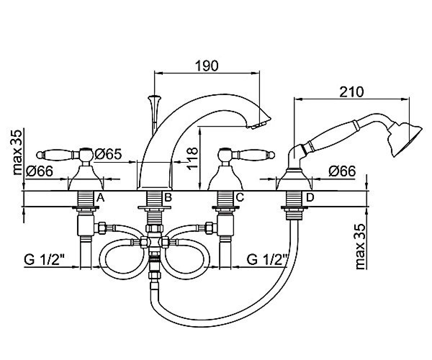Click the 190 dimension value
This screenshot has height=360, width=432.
(x=207, y=66)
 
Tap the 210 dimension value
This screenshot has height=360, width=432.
(x=351, y=92)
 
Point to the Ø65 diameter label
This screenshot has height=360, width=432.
(x=108, y=154)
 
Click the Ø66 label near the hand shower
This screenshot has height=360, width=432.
(x=342, y=171)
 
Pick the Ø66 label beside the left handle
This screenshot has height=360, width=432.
(x=40, y=171)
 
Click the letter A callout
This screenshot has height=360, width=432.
(x=100, y=198)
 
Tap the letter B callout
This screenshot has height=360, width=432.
(x=168, y=197)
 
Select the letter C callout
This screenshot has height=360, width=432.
(x=240, y=197)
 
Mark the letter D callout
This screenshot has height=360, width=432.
(x=310, y=197)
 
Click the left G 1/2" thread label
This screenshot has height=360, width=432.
(x=44, y=260)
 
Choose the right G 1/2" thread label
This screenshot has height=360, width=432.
(x=267, y=260)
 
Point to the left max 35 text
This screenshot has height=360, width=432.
(x=17, y=152)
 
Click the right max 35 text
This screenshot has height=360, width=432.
(x=360, y=247)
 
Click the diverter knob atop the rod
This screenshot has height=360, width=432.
(x=154, y=97)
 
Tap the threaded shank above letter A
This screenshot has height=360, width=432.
(x=85, y=198)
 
